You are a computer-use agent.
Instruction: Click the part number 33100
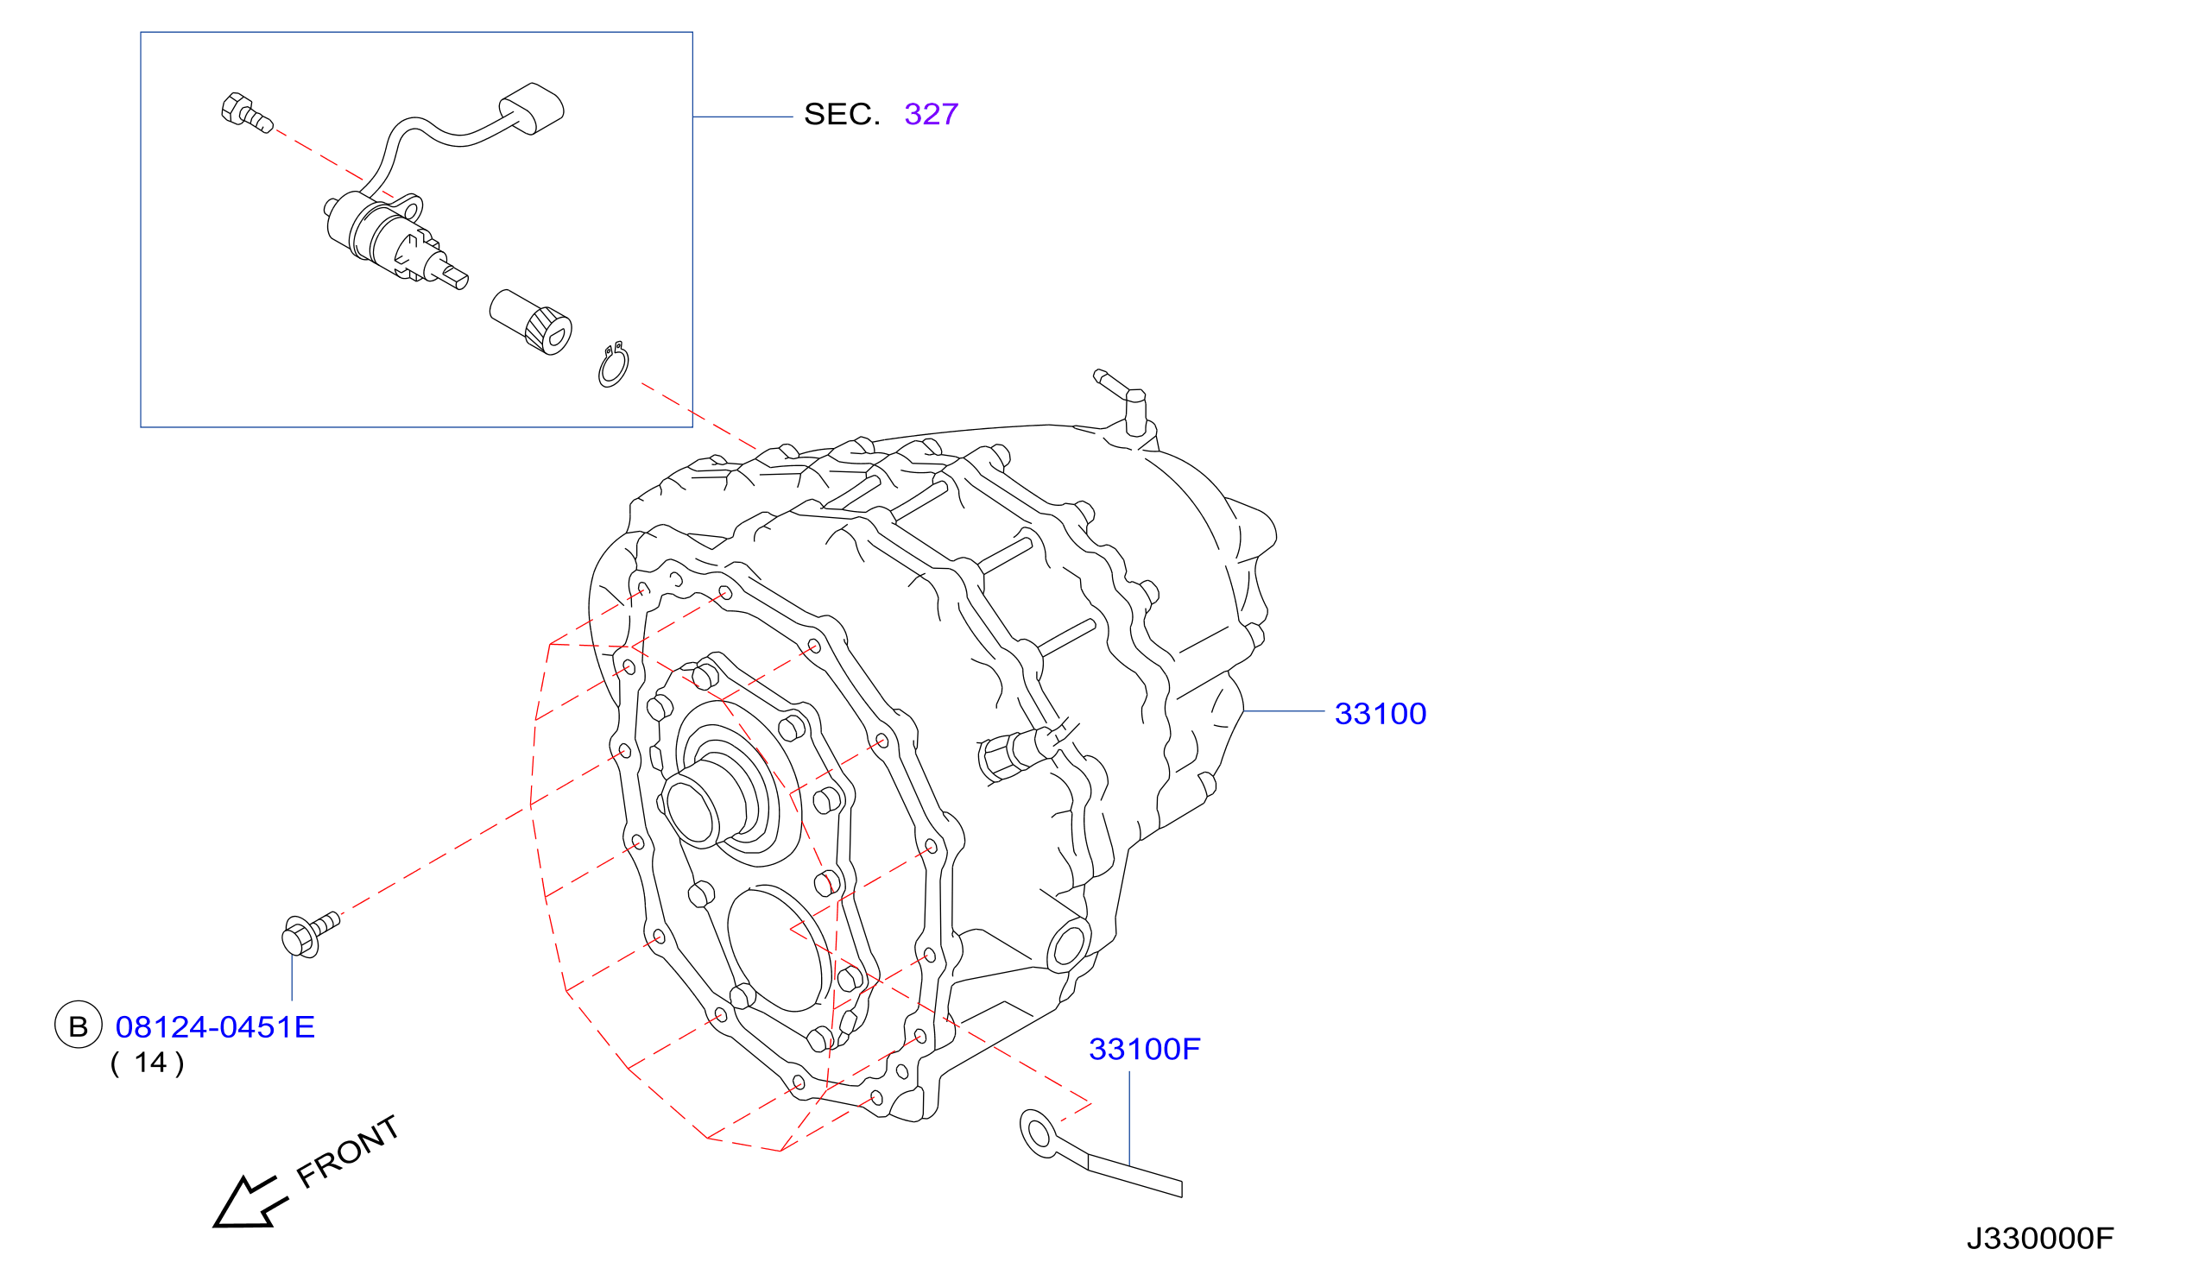click(1380, 715)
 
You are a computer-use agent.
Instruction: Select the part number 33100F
click(1144, 1050)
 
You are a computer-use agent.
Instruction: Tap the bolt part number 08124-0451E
click(215, 1028)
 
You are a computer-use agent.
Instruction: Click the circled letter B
click(79, 1025)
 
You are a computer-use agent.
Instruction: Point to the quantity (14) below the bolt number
click(148, 1063)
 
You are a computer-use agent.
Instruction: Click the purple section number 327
click(931, 114)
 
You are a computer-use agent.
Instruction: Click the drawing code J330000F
click(2040, 1239)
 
